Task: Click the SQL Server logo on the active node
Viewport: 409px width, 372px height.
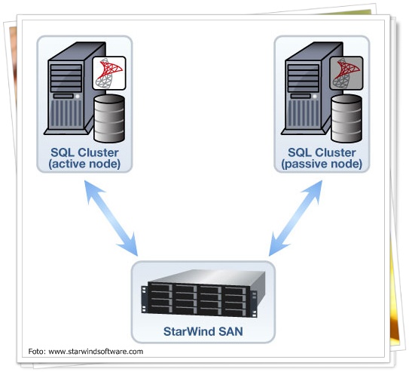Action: (109, 73)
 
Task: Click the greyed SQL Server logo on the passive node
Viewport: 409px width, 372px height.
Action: (346, 73)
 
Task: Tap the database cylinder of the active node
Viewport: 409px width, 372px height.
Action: (109, 119)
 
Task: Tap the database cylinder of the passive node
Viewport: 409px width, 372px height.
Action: (346, 119)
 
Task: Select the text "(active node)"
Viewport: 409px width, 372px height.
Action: (84, 164)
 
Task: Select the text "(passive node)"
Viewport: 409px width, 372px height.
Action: (322, 164)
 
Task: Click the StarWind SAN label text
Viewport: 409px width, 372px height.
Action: (203, 331)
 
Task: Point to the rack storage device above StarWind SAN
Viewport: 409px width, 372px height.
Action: (203, 293)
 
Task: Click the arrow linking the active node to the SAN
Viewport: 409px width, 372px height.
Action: (111, 218)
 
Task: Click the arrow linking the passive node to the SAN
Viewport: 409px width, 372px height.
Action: (295, 218)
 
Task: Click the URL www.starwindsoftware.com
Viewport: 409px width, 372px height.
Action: (96, 352)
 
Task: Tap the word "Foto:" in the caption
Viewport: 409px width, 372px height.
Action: (37, 352)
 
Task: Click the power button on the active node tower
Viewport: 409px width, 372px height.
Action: (78, 97)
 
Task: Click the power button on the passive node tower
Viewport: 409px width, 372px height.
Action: (315, 97)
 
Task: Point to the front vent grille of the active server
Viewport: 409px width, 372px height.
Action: (66, 114)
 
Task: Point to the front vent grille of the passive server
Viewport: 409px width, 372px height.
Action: (304, 114)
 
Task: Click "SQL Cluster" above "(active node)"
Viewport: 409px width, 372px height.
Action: (84, 152)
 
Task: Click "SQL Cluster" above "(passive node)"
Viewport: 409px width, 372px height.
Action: (322, 152)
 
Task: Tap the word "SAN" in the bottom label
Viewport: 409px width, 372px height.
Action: (230, 331)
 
